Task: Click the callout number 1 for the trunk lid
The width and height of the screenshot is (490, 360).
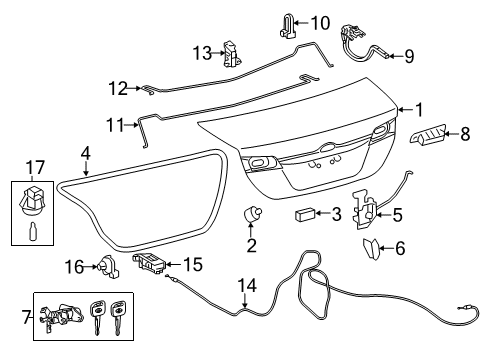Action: (x=419, y=110)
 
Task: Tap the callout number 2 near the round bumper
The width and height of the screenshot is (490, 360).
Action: (x=250, y=245)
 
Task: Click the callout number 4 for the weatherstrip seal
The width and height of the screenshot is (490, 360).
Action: (x=86, y=154)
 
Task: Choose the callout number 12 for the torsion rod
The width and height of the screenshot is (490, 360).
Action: (x=118, y=89)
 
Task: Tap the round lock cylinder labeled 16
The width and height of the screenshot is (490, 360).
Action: (x=105, y=265)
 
